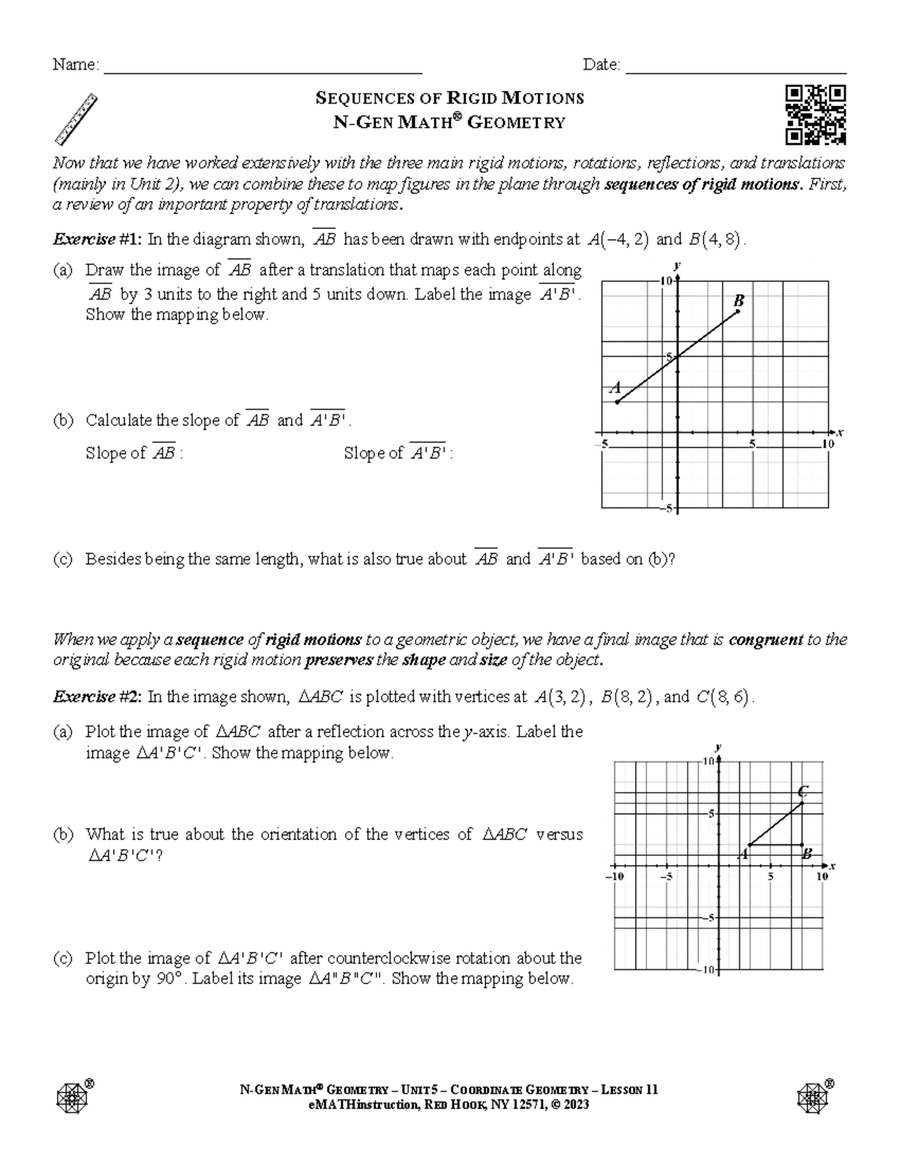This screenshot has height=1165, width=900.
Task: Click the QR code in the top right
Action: pos(816,115)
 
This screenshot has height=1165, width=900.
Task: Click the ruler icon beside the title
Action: pos(77,119)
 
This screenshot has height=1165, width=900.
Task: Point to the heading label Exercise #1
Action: pos(96,239)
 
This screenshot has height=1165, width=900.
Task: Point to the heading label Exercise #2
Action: pos(96,697)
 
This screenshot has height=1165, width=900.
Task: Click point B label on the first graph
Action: pos(738,300)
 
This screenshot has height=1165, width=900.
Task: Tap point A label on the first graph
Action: pos(616,388)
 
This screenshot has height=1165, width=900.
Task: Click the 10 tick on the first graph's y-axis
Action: pos(666,281)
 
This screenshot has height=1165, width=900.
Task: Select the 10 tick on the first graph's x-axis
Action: pos(828,444)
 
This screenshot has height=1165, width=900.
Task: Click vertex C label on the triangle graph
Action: pos(802,791)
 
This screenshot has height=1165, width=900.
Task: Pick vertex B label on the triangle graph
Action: pos(807,854)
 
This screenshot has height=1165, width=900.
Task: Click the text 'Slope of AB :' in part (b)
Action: pos(134,453)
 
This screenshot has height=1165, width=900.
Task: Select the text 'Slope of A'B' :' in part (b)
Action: pos(398,453)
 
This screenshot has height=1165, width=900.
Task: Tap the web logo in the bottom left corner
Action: pos(73,1097)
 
